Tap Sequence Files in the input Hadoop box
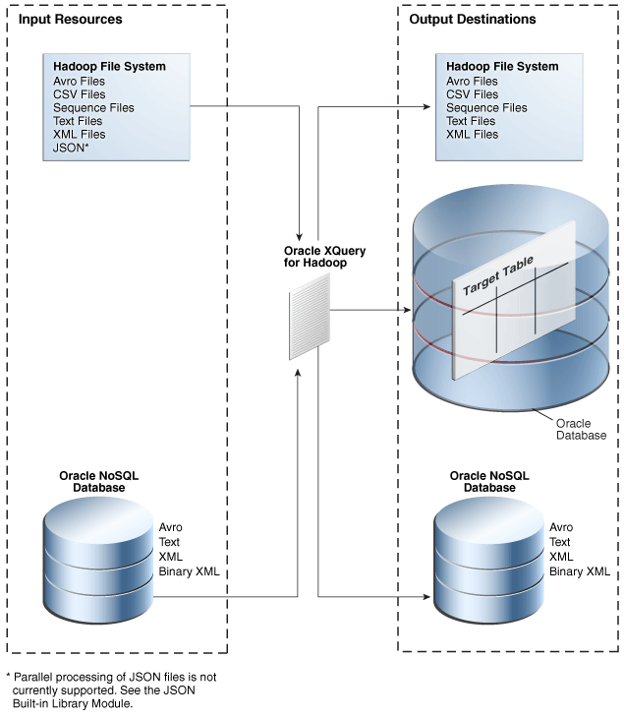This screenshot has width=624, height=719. tap(93, 107)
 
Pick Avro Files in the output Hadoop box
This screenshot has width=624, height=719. tap(472, 81)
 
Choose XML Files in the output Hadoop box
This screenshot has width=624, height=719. tap(472, 134)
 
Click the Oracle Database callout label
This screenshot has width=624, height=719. tap(573, 429)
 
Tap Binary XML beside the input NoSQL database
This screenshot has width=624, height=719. tap(190, 571)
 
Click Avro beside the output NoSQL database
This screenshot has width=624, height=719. tap(561, 527)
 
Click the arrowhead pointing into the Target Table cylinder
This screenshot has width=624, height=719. tap(404, 311)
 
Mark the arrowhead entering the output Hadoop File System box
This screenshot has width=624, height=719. tap(431, 106)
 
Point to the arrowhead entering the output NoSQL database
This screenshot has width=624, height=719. tap(428, 596)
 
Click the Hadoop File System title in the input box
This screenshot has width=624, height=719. tap(109, 67)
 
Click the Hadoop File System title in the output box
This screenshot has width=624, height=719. tap(502, 67)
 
